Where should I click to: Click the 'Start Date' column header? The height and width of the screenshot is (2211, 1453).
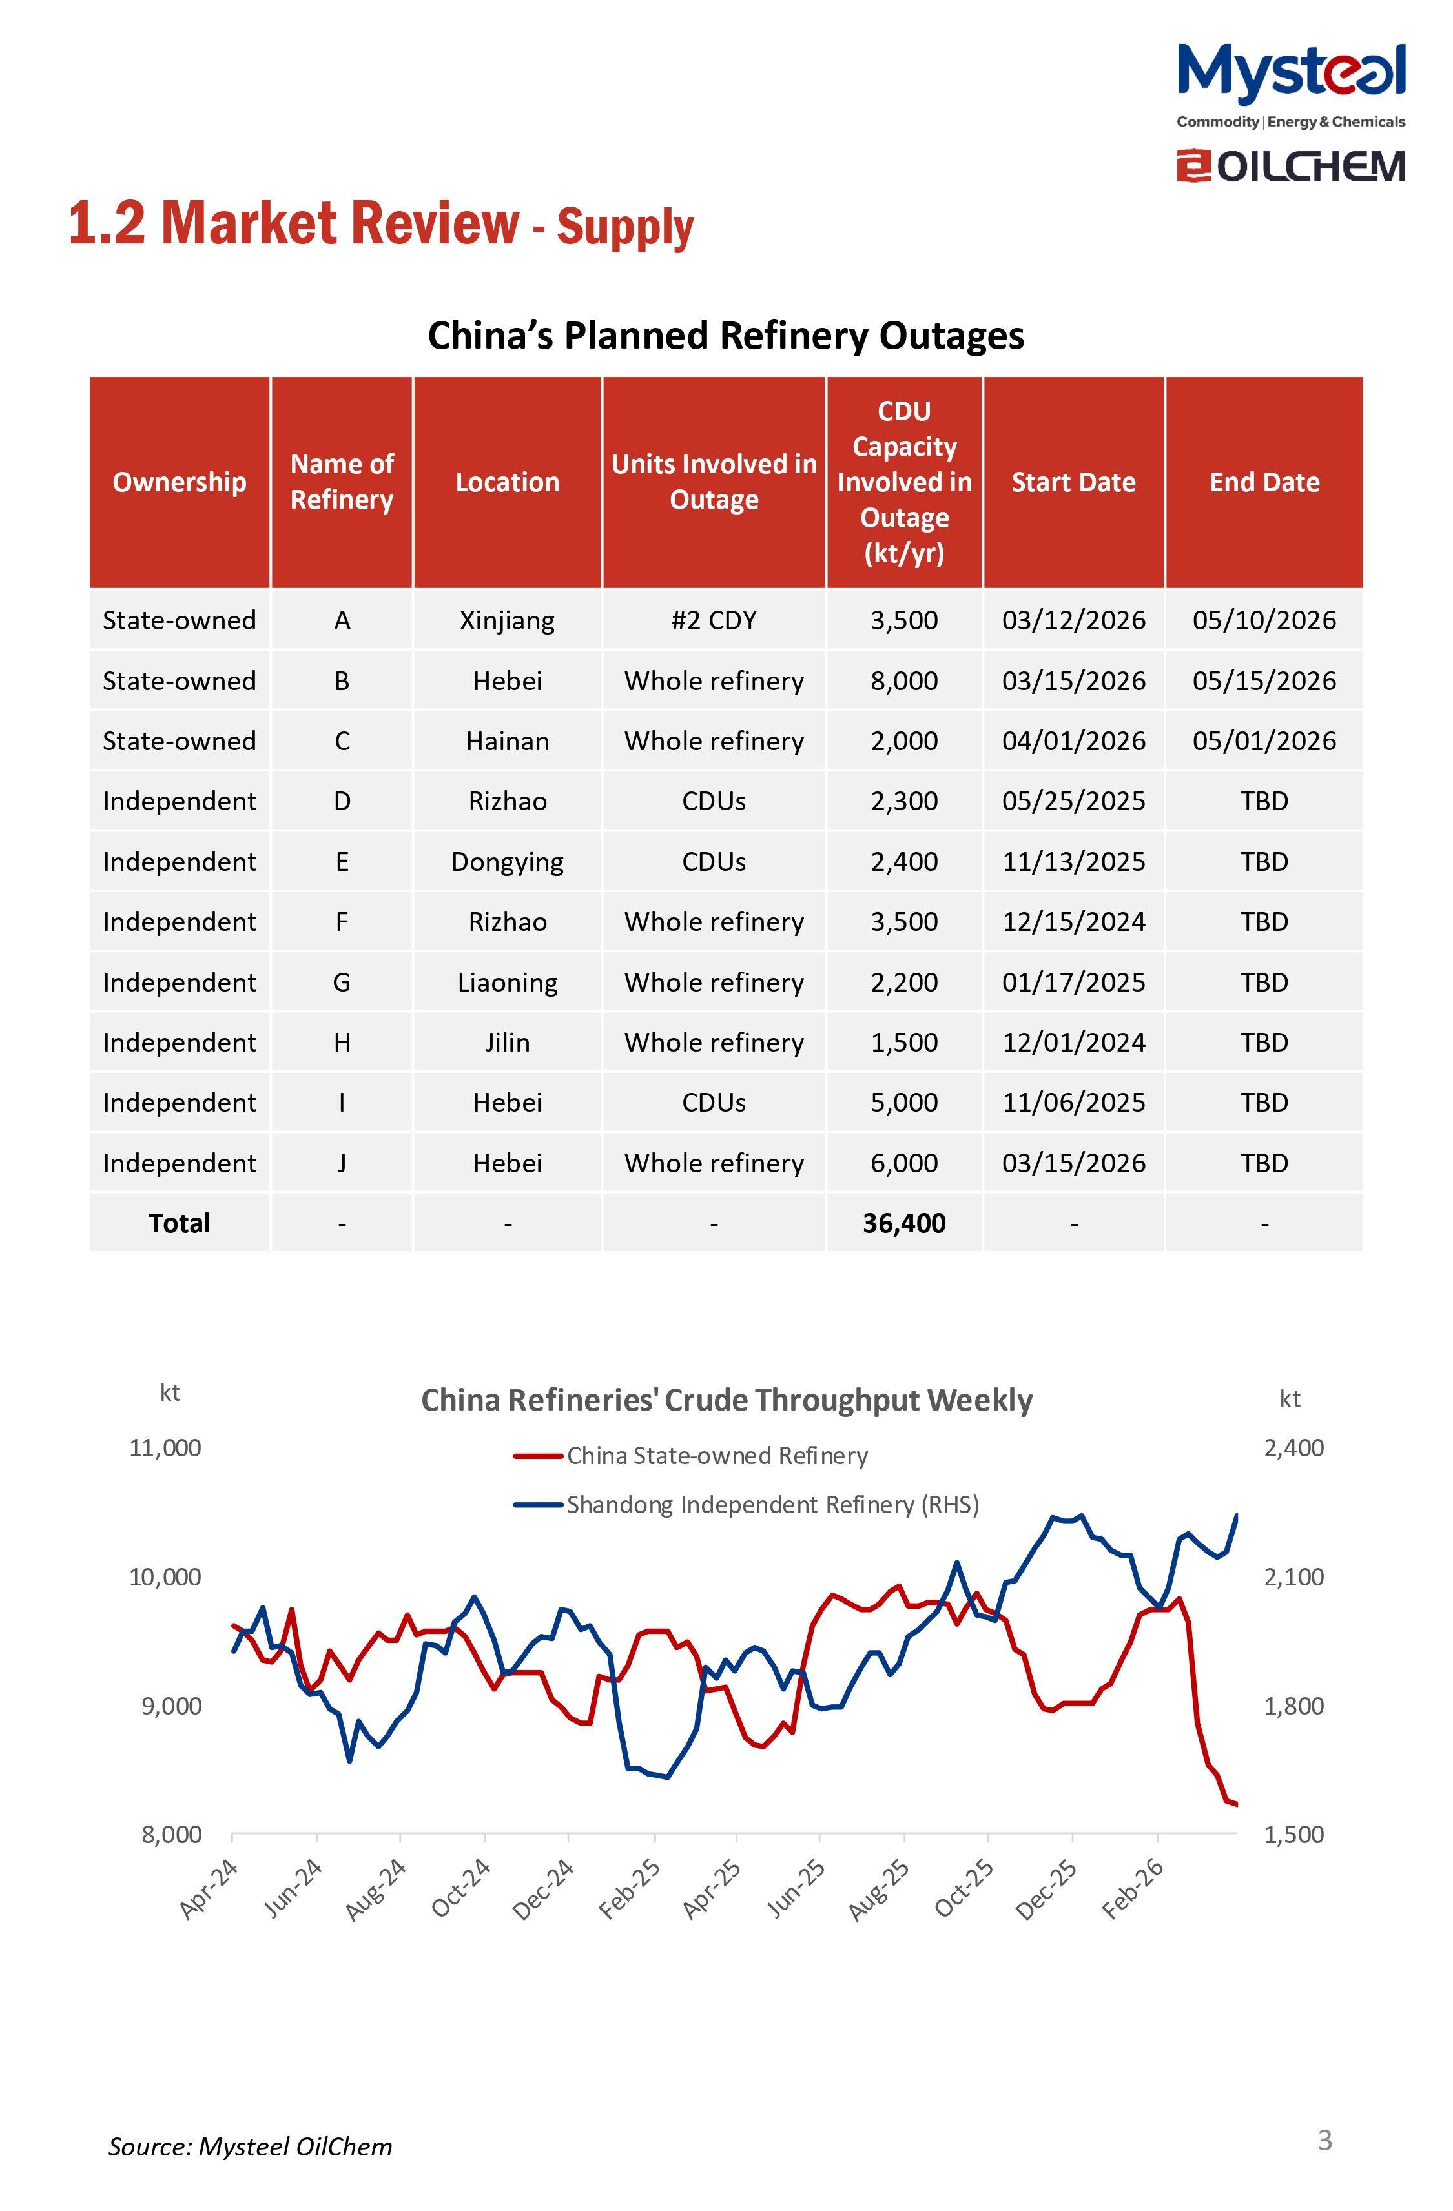coord(1073,482)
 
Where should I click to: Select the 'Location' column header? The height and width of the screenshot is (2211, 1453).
coord(507,482)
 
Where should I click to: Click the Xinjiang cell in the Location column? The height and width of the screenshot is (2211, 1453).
coord(507,620)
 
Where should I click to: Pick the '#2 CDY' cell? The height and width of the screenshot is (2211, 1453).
coord(714,620)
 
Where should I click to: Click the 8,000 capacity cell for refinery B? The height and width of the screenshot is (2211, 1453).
coord(904,681)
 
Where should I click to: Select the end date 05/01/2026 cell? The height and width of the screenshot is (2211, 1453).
coord(1264,741)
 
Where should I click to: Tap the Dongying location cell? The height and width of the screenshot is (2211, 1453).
coord(507,862)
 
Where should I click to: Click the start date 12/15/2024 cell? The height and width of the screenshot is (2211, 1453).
coord(1073,922)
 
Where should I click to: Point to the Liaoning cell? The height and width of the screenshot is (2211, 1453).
coord(507,983)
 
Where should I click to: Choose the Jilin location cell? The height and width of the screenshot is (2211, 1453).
coord(507,1043)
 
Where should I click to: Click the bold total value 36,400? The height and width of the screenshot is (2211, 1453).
coord(904,1223)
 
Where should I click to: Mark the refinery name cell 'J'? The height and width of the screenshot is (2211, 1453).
coord(342,1163)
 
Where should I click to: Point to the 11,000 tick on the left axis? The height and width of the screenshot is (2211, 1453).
coord(165,1449)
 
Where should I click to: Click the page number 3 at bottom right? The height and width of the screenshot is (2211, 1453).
coord(1324,2141)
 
